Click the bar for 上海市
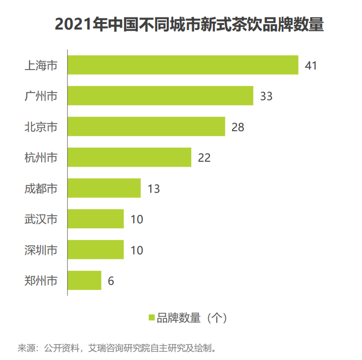183,65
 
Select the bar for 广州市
160,96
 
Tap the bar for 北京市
146,127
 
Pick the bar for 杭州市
129,157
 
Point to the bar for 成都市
104,188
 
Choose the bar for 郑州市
85,280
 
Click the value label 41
311,66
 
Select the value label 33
266,96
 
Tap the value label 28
238,127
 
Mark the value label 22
204,158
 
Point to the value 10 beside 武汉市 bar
137,219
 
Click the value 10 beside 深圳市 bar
137,250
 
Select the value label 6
111,281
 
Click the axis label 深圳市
41,250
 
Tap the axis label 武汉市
41,219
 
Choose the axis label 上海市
41,66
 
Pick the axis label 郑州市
41,281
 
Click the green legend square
151,317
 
